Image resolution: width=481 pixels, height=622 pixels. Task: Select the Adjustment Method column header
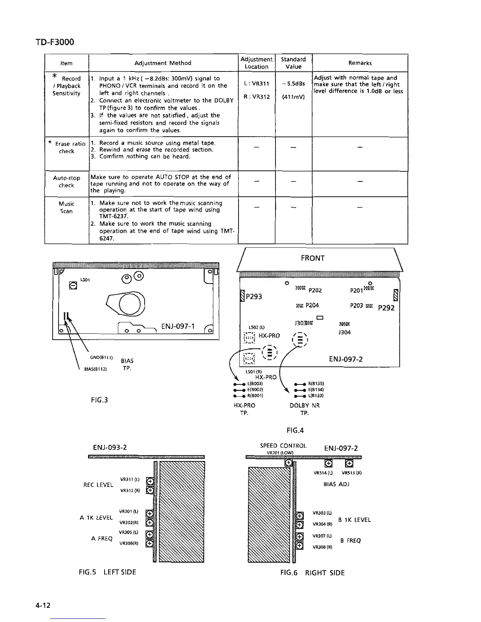(163, 63)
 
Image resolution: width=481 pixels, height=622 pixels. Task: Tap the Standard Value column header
(293, 63)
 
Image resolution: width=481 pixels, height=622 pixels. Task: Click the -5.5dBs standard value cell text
(293, 84)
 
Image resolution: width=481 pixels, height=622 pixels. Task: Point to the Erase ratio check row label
(67, 147)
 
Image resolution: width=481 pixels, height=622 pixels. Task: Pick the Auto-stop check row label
(66, 181)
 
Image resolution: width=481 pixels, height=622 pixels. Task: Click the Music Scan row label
(66, 207)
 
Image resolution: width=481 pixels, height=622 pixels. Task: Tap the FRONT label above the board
(312, 258)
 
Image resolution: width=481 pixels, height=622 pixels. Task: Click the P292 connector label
(386, 308)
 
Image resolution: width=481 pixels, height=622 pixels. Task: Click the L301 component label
(85, 280)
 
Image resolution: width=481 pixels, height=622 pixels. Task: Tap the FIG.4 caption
(295, 431)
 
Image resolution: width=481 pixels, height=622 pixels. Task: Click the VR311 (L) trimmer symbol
(149, 481)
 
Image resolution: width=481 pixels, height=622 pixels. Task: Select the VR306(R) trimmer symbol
(149, 543)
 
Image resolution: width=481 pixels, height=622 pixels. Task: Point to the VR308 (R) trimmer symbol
(299, 545)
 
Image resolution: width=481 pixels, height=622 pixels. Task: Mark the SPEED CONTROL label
(283, 446)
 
